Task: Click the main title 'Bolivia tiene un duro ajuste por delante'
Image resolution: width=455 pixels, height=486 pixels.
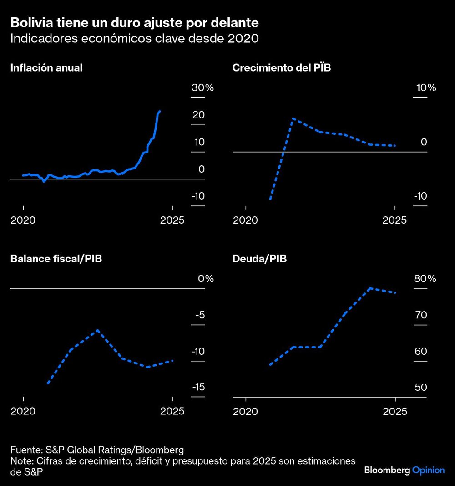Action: coord(134,22)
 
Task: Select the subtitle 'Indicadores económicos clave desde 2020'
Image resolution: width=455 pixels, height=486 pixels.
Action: coord(134,39)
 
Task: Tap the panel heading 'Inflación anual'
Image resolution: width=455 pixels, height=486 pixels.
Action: coord(46,68)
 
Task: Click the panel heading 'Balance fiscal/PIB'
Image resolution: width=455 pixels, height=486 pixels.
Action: coord(56,259)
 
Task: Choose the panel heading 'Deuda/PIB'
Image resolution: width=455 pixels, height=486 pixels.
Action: coord(259,259)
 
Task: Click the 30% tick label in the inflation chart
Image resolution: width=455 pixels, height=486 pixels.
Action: coord(202,88)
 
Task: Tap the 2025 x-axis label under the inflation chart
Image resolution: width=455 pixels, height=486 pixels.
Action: coord(172,220)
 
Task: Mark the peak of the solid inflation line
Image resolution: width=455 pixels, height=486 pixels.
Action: coord(159,111)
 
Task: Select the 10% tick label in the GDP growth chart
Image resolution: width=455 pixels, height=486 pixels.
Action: coord(425,88)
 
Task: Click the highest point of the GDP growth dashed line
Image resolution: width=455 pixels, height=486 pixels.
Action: coord(293,118)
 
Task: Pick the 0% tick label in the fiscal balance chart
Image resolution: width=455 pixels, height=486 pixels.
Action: coord(206,279)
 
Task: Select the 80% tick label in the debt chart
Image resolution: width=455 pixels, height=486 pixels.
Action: coord(425,279)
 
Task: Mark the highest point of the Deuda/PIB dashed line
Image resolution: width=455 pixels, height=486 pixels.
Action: coord(370,288)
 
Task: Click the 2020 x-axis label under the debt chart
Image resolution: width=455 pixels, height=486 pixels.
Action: coord(246,411)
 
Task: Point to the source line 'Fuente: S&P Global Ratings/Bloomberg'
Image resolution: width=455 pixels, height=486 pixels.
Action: coord(97,450)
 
